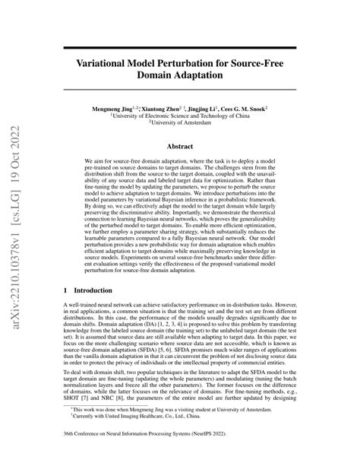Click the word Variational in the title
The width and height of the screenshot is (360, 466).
[111, 63]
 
